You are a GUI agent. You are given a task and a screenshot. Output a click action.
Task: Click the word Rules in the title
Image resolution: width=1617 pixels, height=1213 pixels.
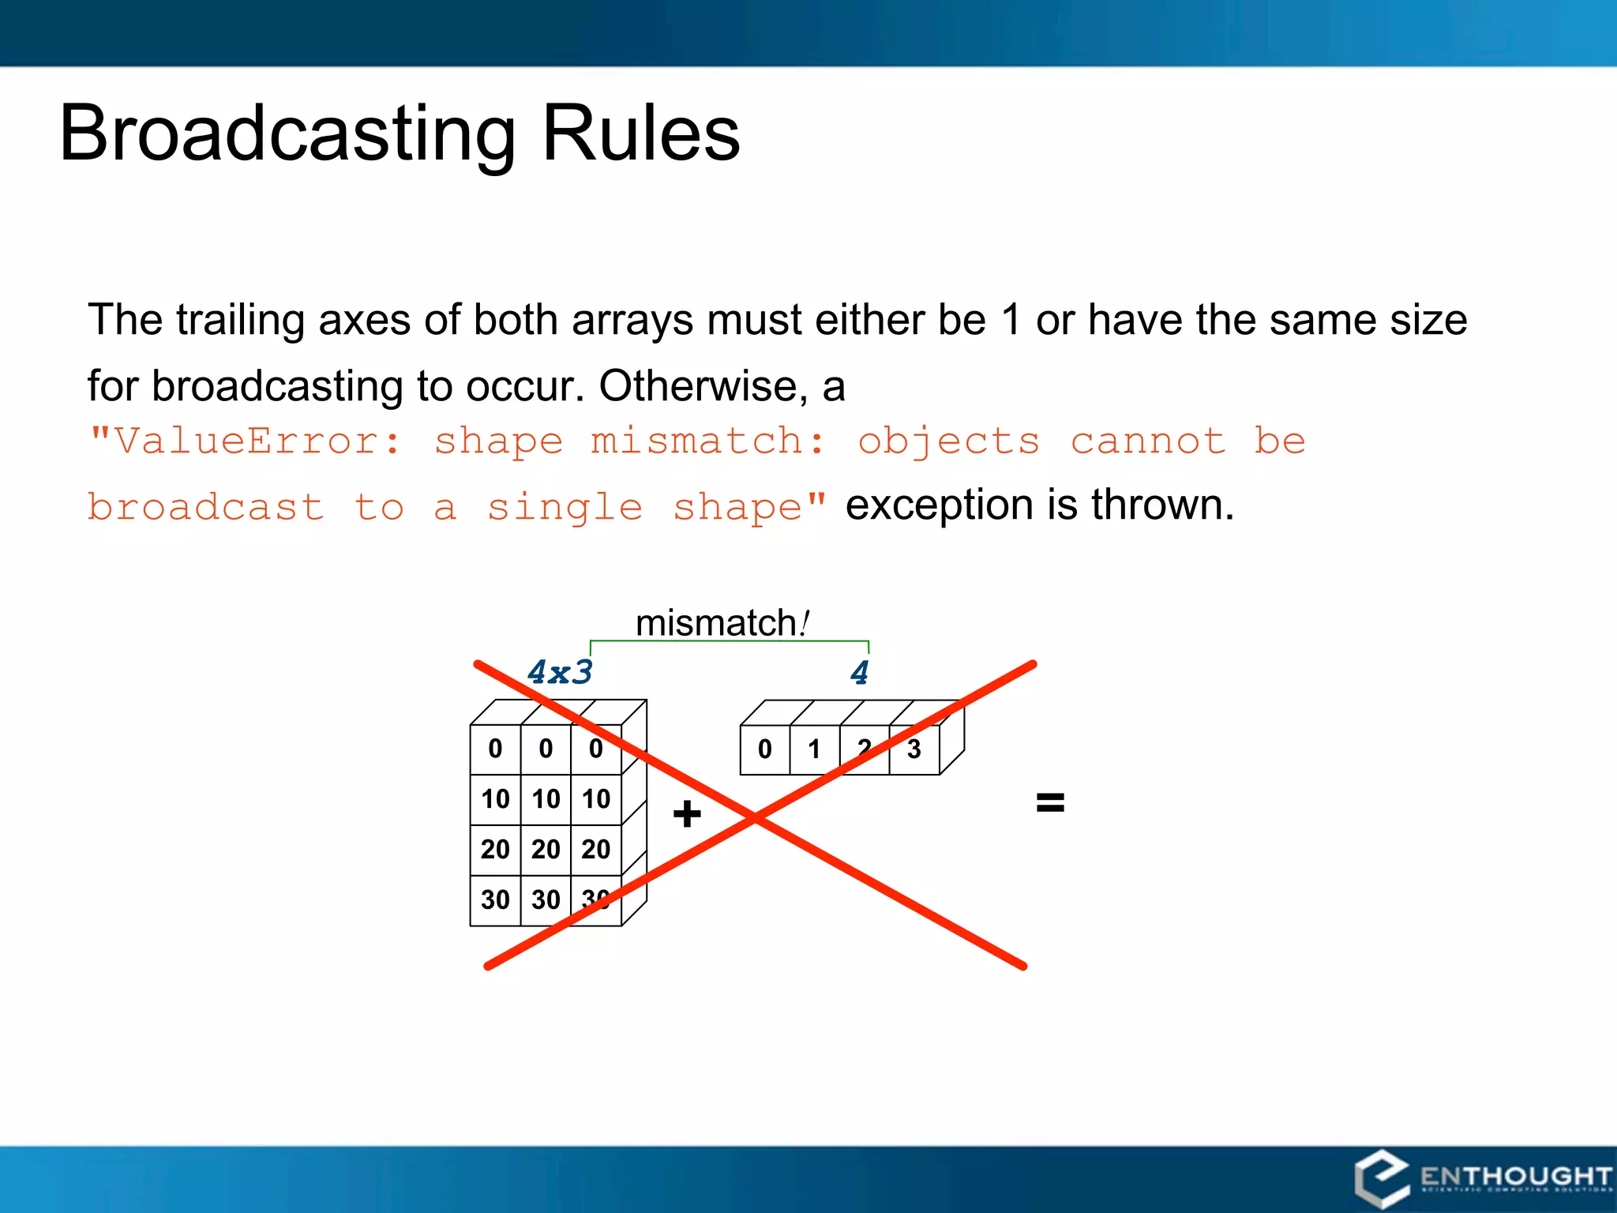[640, 134]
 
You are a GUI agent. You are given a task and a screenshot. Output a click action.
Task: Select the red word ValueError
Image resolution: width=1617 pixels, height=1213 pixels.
[246, 441]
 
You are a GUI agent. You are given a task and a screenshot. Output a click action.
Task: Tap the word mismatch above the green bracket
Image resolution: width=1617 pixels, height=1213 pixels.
[715, 623]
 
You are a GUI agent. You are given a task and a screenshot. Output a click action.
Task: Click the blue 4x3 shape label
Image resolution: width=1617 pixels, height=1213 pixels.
[559, 672]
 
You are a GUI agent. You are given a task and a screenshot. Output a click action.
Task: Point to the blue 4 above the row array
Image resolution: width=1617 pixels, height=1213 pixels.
[860, 673]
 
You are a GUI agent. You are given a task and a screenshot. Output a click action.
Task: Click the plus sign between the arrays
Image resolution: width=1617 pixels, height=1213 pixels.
[687, 813]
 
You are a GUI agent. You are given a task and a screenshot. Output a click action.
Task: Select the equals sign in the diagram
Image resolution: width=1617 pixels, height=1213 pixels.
[1050, 803]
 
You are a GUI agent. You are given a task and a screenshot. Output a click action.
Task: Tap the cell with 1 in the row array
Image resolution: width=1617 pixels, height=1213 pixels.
[814, 749]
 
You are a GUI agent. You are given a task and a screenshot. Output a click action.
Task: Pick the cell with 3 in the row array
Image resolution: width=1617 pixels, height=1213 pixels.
[914, 749]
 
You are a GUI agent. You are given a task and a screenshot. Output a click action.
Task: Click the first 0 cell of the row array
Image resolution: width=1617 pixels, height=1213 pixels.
[764, 749]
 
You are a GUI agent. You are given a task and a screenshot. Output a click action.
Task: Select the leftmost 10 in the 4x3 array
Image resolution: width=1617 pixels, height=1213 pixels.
[495, 799]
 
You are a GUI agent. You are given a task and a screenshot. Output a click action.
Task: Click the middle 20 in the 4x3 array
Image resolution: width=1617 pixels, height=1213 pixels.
[546, 850]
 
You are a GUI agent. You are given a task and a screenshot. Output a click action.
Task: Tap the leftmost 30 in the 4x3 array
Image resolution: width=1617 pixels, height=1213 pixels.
[495, 899]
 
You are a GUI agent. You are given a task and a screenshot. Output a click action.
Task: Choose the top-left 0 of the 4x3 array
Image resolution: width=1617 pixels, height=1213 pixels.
[495, 749]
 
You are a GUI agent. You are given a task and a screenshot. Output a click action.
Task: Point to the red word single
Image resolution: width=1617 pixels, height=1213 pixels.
[565, 507]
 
